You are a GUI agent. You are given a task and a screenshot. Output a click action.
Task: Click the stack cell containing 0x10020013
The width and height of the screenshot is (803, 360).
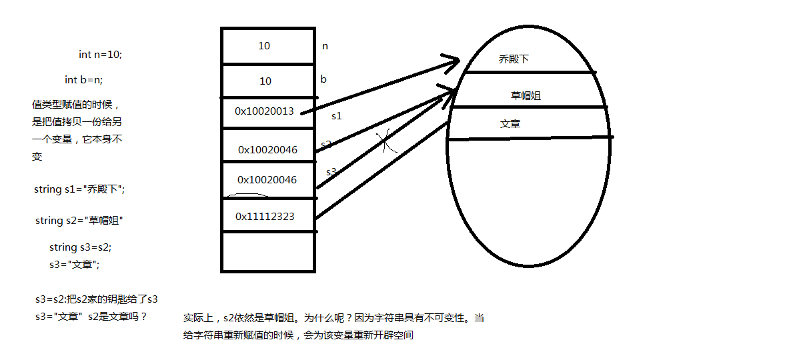tap(268, 112)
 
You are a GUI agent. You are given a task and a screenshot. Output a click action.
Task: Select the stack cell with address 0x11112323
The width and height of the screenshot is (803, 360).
tap(268, 215)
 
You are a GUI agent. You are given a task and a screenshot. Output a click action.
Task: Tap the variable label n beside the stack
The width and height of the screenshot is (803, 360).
tap(325, 46)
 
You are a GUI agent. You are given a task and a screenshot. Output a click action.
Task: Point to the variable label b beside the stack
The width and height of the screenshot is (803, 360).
tap(323, 79)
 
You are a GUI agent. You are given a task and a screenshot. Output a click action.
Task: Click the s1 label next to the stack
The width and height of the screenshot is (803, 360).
tap(337, 116)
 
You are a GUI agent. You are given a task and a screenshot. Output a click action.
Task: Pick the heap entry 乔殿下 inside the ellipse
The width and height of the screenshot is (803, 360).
tap(514, 59)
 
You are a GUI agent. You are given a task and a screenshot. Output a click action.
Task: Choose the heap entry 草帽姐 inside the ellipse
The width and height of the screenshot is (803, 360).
tap(526, 95)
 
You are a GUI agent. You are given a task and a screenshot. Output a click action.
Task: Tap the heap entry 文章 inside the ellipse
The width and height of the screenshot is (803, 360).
tap(510, 124)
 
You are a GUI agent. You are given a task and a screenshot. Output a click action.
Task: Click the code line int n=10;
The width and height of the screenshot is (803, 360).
tap(100, 55)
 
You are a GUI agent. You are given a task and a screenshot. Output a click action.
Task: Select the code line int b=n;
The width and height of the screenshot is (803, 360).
tap(84, 80)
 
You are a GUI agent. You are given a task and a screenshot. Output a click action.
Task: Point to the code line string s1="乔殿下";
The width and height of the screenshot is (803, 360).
tap(79, 189)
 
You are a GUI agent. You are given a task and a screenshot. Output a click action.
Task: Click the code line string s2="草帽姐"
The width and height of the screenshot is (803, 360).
tap(79, 220)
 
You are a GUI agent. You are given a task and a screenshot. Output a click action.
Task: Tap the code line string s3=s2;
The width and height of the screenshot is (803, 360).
tap(80, 247)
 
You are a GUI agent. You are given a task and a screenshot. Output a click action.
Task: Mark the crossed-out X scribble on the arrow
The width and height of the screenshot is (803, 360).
tap(386, 141)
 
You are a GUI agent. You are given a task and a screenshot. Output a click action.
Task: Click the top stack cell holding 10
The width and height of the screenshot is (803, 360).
tap(268, 46)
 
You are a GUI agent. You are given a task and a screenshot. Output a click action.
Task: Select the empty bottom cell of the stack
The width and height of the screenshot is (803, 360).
tap(268, 252)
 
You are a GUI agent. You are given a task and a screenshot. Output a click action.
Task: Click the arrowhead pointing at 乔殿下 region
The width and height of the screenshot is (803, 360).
tap(452, 63)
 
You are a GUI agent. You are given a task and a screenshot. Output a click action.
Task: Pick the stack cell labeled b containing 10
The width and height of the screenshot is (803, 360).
tap(268, 81)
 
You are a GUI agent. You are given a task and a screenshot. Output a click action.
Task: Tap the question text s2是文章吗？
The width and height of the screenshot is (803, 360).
tap(117, 317)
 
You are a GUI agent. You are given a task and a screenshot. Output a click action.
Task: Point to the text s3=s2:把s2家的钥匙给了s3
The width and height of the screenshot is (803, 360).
tap(97, 299)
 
